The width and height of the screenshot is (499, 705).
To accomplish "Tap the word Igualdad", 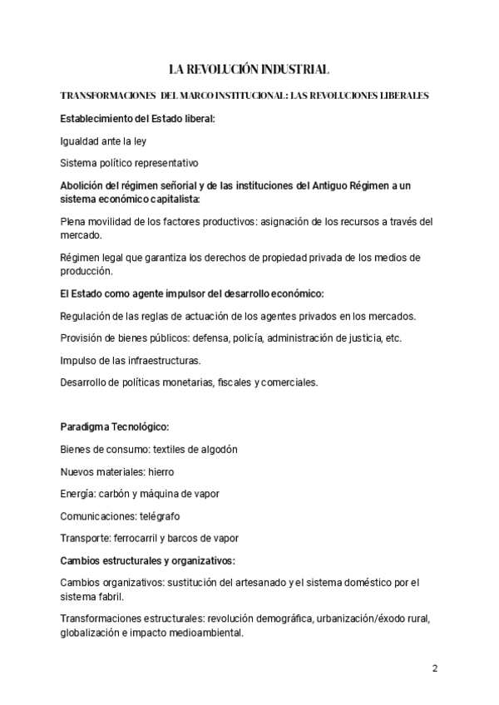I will point(80,141).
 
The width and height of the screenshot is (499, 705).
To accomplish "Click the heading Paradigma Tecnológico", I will point(115,426).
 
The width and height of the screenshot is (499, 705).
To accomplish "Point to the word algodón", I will point(218,449).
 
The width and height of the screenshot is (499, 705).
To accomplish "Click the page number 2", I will point(435,668).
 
